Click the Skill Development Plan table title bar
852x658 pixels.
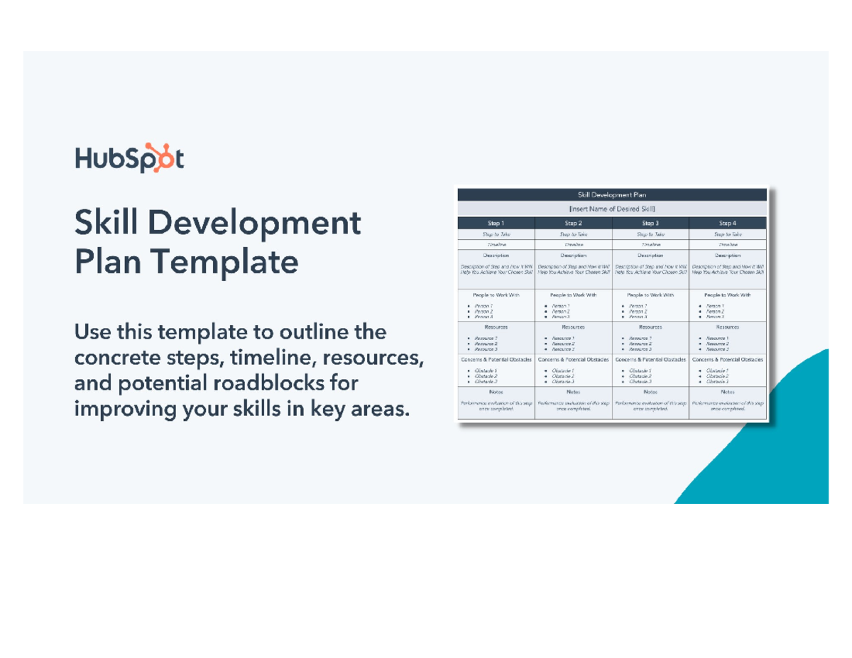[612, 194]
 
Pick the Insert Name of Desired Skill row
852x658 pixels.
[612, 209]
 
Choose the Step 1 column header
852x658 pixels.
[496, 223]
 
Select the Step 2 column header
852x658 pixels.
[573, 223]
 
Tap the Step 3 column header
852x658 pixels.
[650, 223]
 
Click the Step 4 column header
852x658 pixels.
[728, 223]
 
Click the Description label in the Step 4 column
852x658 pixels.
[728, 255]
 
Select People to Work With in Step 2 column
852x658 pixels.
[573, 294]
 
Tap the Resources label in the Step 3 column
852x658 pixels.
[650, 327]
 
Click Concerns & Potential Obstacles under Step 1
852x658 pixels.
[496, 360]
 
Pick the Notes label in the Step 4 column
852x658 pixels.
[728, 391]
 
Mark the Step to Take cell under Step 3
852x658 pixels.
[650, 234]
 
